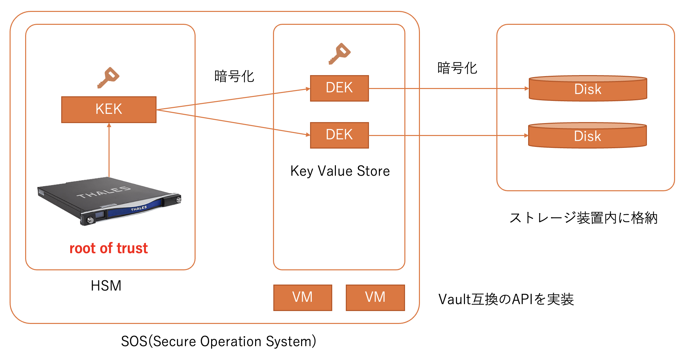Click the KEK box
point(109,110)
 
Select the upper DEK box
point(339,88)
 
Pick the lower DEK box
point(339,135)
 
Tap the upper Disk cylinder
point(588,89)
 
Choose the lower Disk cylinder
point(587,136)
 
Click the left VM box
point(302,297)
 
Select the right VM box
point(375,297)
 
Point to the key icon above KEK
point(108,77)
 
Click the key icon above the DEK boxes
point(340,53)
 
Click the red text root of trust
point(109,248)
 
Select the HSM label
point(106,286)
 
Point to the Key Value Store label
point(340,171)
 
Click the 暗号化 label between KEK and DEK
point(234,76)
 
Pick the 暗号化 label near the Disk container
point(457,68)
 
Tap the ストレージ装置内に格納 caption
point(583,218)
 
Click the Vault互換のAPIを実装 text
point(506,299)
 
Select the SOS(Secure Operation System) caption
point(218,341)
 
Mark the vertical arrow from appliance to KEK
point(109,151)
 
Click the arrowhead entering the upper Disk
point(526,88)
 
